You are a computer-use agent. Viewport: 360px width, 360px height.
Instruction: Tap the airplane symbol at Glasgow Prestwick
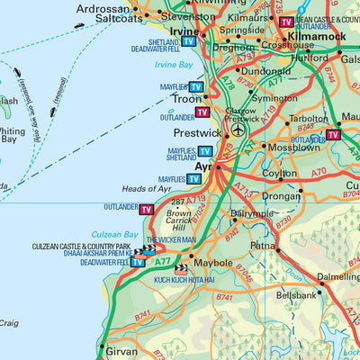coord(238,130)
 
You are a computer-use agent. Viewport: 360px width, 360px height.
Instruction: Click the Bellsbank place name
coord(297,294)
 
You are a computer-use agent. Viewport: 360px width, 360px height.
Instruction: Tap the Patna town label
coord(261,244)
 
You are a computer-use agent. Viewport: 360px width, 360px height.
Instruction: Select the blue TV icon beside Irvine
coord(188,41)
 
